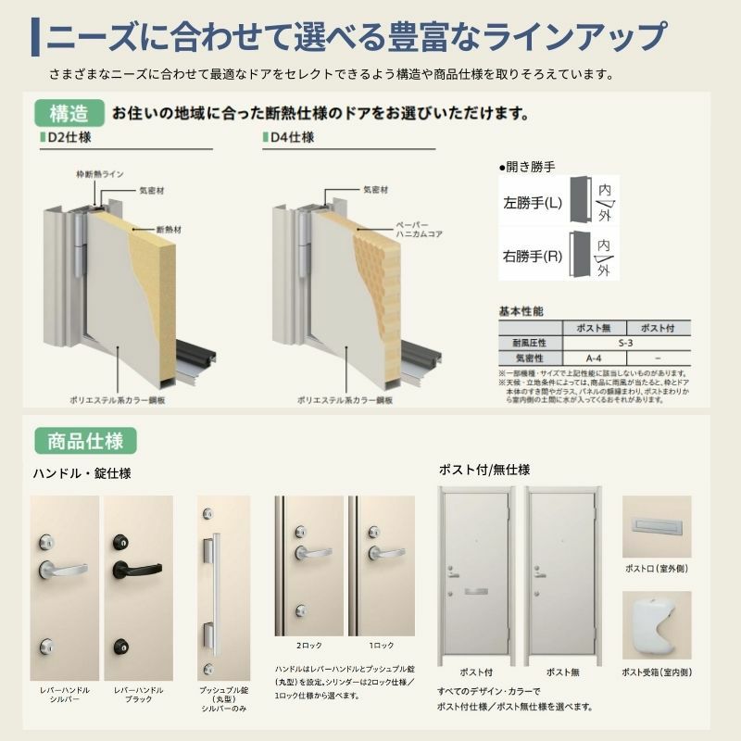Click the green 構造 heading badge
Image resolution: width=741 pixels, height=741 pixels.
pyautogui.click(x=69, y=114)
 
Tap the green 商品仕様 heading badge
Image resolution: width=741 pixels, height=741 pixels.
pyautogui.click(x=85, y=438)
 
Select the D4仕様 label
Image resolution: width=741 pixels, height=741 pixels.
pyautogui.click(x=294, y=138)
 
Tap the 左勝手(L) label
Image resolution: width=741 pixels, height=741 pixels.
pyautogui.click(x=532, y=200)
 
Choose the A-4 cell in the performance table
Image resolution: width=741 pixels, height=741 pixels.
pyautogui.click(x=595, y=357)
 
